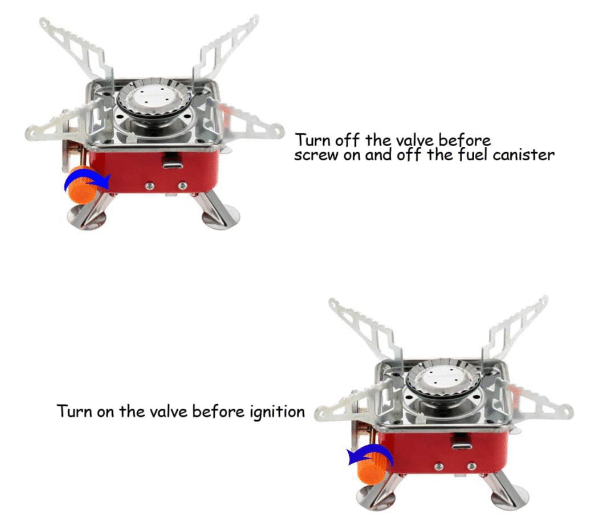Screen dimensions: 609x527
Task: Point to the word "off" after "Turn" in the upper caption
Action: pos(347,140)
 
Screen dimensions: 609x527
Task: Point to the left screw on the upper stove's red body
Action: pos(149,187)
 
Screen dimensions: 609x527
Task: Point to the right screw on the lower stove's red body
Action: pos(471,466)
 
